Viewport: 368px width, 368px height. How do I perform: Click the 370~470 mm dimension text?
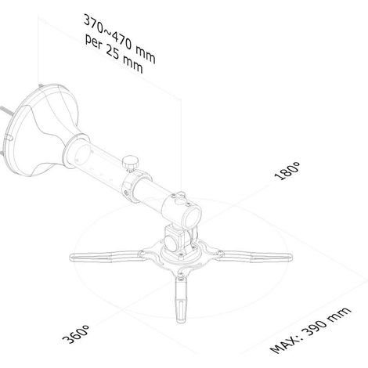click(120, 39)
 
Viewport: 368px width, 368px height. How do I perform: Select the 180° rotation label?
click(287, 171)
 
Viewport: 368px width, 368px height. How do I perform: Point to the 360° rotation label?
click(76, 334)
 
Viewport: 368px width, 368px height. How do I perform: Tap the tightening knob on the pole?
click(131, 163)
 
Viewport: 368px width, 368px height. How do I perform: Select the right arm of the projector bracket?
click(254, 256)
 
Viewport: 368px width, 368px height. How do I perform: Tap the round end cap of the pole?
click(193, 215)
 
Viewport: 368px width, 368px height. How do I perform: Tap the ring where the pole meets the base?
click(76, 150)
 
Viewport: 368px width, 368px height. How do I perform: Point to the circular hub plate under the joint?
click(180, 254)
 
